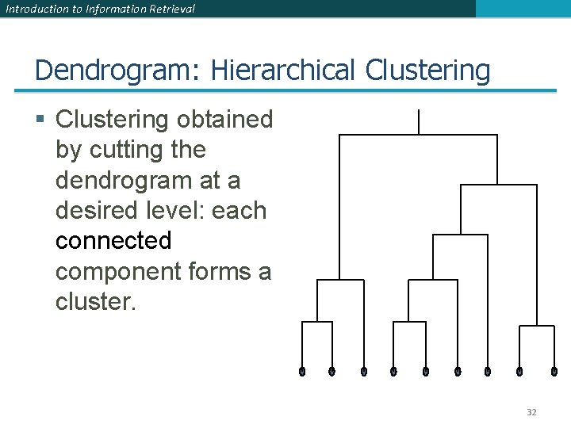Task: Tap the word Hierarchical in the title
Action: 282,71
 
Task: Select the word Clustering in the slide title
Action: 427,71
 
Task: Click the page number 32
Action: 531,412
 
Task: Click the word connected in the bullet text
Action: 113,240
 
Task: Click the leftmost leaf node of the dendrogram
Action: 302,371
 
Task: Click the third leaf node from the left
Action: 364,371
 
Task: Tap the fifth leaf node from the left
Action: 426,371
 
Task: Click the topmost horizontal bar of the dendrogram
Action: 418,136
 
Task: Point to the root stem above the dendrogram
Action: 418,122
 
